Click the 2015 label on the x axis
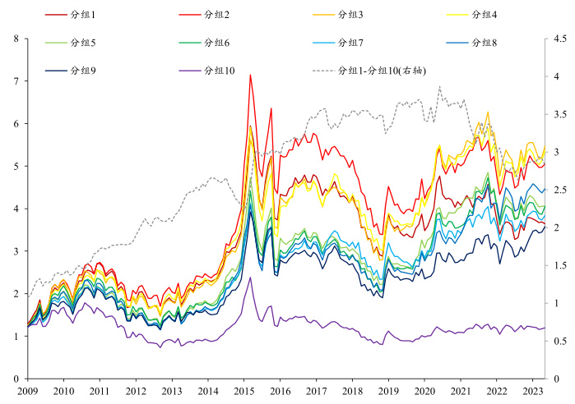[x=244, y=392]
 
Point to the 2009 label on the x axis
[x=28, y=392]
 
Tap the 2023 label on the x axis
[x=533, y=392]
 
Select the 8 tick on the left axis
[x=16, y=39]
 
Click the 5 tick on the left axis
[x=16, y=166]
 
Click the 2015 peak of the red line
[x=249, y=75]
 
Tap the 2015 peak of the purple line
[x=250, y=277]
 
